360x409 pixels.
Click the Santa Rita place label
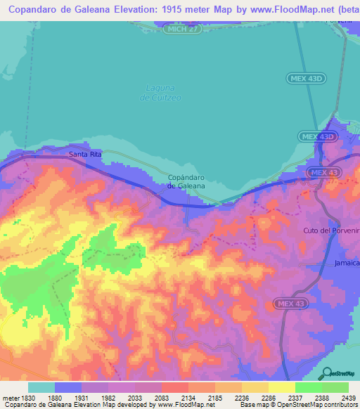pyautogui.click(x=82, y=154)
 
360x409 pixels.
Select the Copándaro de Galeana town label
pyautogui.click(x=186, y=181)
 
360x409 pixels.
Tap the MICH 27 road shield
pyautogui.click(x=181, y=29)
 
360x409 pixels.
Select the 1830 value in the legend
pyautogui.click(x=27, y=398)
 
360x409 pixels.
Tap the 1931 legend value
pyautogui.click(x=95, y=398)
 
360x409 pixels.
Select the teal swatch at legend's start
pyautogui.click(x=41, y=387)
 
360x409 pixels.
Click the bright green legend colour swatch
pyautogui.click(x=308, y=387)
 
